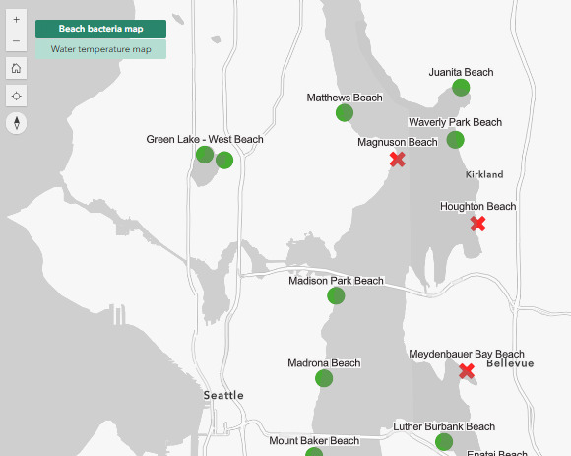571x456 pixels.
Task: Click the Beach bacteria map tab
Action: coord(100,30)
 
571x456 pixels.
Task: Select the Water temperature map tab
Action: coord(100,48)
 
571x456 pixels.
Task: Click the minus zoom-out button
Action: coord(16,41)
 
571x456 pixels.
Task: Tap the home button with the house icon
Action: coord(16,68)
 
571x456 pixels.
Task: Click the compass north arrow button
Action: coord(16,122)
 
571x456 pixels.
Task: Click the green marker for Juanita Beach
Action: coord(461,88)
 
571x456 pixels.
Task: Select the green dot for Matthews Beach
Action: coord(345,113)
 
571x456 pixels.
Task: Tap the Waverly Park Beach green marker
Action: coord(455,139)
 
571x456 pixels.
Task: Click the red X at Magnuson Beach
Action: coord(398,159)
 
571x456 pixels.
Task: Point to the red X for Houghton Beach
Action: coord(477,224)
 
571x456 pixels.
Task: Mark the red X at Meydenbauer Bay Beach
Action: coord(467,371)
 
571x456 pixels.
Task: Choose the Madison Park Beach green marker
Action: coord(336,295)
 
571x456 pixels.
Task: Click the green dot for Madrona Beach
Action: coord(324,378)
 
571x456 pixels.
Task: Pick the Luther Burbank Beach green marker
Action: coord(444,442)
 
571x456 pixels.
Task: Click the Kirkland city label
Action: coord(483,174)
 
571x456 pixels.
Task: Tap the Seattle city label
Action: coord(223,395)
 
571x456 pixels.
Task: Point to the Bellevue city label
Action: coord(510,363)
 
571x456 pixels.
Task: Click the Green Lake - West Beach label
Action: coord(205,139)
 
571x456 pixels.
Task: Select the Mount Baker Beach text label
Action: coord(314,440)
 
